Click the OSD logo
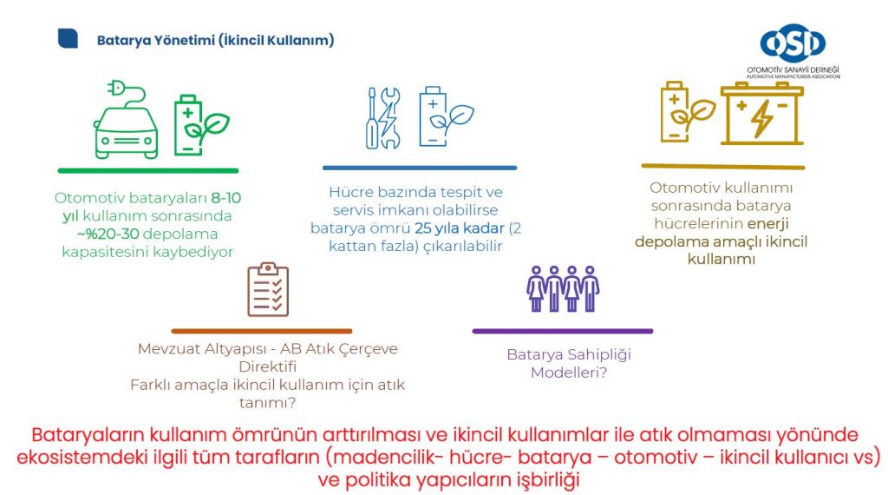793,50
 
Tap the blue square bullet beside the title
68,38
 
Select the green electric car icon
126,120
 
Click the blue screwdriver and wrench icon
383,118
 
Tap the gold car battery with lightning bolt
761,113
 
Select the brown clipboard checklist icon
268,289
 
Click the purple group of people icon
562,288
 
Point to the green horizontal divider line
148,171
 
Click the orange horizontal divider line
262,331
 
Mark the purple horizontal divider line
562,331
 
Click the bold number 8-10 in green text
226,198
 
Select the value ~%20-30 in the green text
108,234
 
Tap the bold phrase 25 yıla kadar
460,228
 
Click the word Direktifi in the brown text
267,366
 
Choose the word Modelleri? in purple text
569,373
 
